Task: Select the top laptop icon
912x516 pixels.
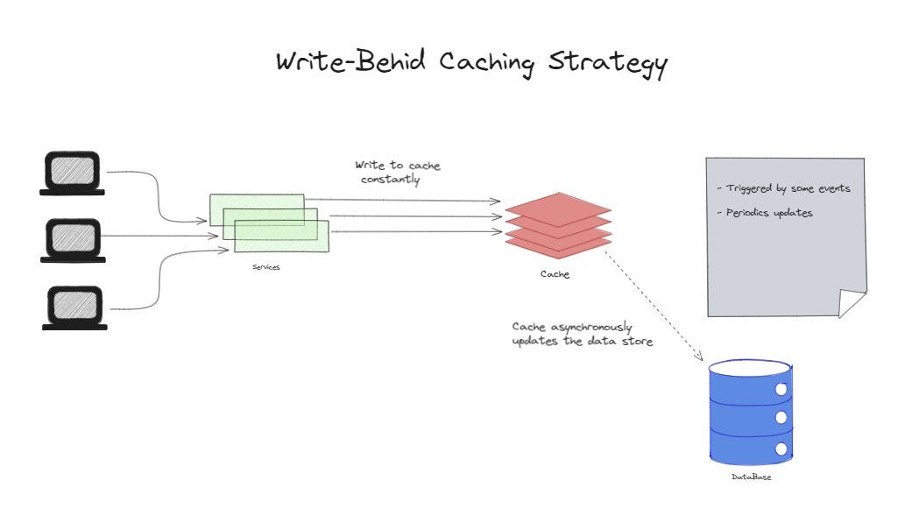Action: point(74,173)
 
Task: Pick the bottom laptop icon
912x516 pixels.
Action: point(74,308)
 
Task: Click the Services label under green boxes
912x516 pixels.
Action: point(265,267)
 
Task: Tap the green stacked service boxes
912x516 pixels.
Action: point(269,223)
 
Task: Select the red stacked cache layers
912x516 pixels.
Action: point(558,223)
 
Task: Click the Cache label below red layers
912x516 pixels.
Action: point(555,274)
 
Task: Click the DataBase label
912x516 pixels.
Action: point(751,477)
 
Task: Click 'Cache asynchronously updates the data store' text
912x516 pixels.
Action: point(582,334)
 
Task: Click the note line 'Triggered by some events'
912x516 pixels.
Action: point(783,188)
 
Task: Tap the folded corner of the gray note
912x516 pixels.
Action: point(852,303)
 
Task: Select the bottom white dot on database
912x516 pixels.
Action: point(781,449)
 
